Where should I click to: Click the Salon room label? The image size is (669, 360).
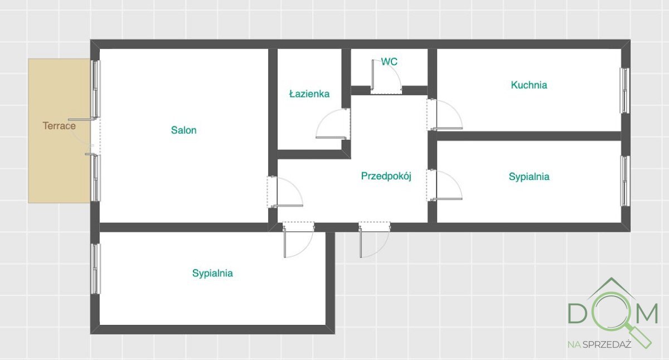pyautogui.click(x=183, y=130)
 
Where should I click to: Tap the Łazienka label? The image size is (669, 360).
pyautogui.click(x=309, y=94)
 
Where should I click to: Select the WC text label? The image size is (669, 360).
pyautogui.click(x=389, y=62)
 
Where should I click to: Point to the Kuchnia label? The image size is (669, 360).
pyautogui.click(x=529, y=85)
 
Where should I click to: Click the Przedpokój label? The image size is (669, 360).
pyautogui.click(x=386, y=176)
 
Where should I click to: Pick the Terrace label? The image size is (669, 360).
pyautogui.click(x=59, y=126)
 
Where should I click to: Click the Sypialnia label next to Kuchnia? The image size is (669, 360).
pyautogui.click(x=529, y=177)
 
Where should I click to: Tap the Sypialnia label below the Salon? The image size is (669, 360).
pyautogui.click(x=212, y=273)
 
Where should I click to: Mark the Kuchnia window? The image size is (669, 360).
pyautogui.click(x=625, y=91)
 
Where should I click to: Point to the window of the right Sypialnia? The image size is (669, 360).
pyautogui.click(x=625, y=181)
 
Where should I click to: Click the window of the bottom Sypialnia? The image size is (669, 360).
pyautogui.click(x=95, y=269)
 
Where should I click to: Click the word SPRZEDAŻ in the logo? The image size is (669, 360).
pyautogui.click(x=607, y=344)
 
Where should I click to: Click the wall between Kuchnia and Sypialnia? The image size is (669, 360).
pyautogui.click(x=529, y=136)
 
